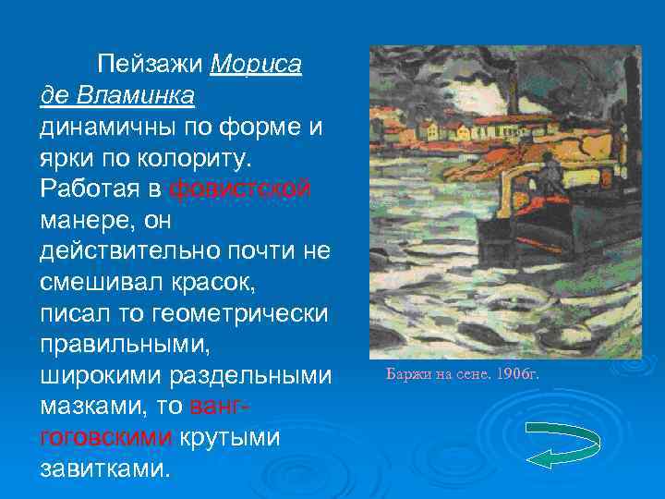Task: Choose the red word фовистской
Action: tap(240, 189)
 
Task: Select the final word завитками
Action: tap(105, 469)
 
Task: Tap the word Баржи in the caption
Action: tap(404, 374)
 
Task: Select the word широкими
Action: tap(97, 376)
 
